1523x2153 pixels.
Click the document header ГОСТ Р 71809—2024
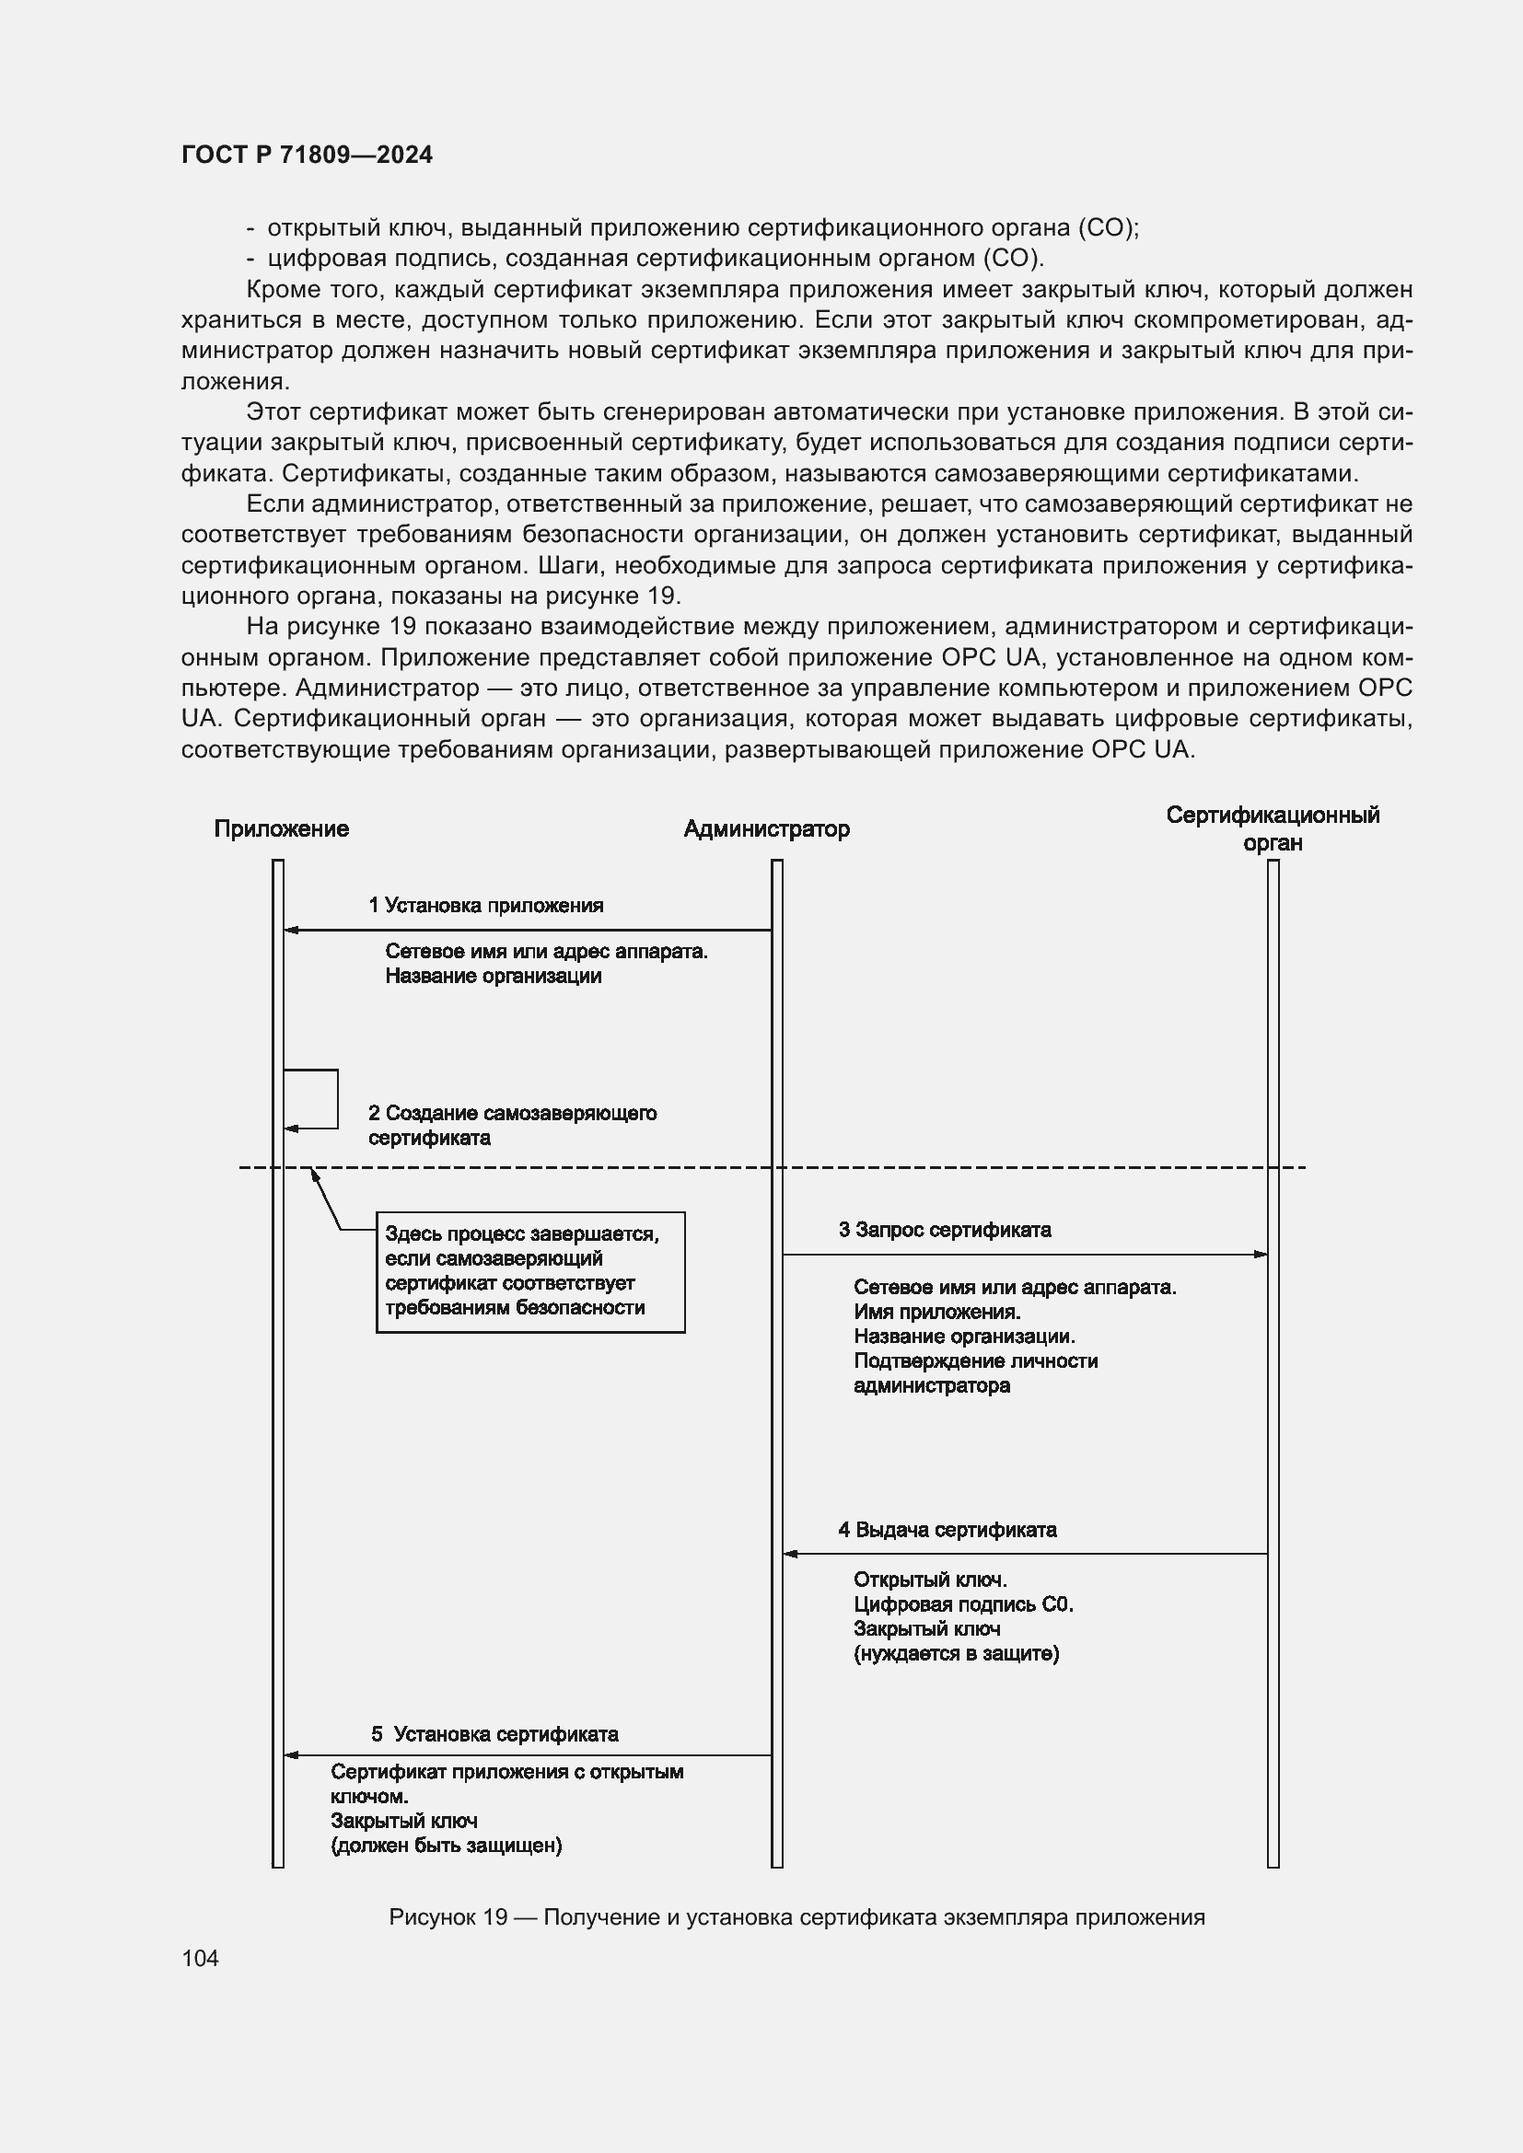coord(307,155)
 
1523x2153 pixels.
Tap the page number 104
coord(200,1958)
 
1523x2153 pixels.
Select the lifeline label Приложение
coord(282,829)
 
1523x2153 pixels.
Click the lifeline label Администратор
coord(766,829)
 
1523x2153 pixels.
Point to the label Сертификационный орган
coord(1273,828)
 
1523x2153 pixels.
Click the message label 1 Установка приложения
coord(486,905)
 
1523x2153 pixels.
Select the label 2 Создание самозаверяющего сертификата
coord(512,1125)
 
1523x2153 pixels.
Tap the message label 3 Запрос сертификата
coord(945,1230)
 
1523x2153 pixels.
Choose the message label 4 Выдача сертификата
coord(948,1530)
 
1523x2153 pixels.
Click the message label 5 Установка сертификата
coord(495,1734)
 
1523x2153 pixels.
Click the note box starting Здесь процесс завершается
coord(529,1271)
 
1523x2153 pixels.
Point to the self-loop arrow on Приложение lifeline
coord(336,1099)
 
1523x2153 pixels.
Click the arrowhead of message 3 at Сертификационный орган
coord(1261,1255)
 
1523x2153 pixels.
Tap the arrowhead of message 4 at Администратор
coord(791,1554)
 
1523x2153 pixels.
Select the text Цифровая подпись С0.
coord(963,1604)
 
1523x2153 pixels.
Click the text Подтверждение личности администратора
coord(975,1372)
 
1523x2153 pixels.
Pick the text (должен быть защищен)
coord(447,1846)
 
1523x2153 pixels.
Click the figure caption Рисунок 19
coord(796,1916)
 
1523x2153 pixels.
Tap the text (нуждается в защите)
coord(956,1653)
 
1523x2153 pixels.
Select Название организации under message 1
coord(494,976)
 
